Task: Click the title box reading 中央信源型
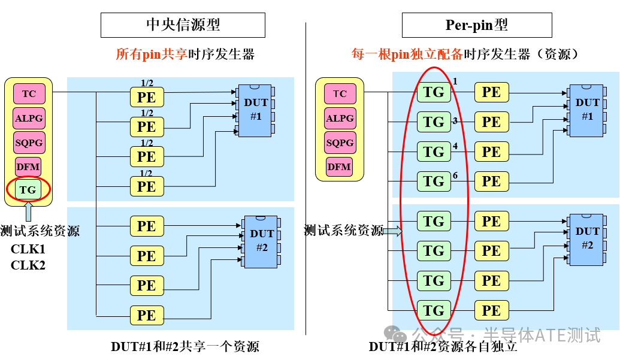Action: click(183, 25)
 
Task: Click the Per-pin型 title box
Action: click(477, 25)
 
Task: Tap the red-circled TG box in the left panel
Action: click(28, 190)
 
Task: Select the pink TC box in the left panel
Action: click(29, 93)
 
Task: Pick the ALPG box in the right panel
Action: click(340, 118)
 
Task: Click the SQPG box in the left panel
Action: click(29, 143)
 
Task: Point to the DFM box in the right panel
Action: click(339, 167)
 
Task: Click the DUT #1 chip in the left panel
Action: click(255, 110)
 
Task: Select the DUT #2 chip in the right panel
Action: click(587, 240)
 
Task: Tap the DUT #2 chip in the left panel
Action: click(261, 242)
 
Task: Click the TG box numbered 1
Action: click(434, 92)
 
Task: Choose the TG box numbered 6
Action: click(434, 181)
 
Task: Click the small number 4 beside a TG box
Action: click(455, 146)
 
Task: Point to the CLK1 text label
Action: click(28, 249)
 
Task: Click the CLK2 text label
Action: click(28, 265)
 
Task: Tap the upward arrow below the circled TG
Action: click(28, 211)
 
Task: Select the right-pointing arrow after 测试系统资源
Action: click(392, 231)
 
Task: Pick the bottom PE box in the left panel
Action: click(147, 315)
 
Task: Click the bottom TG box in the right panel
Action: click(434, 311)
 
